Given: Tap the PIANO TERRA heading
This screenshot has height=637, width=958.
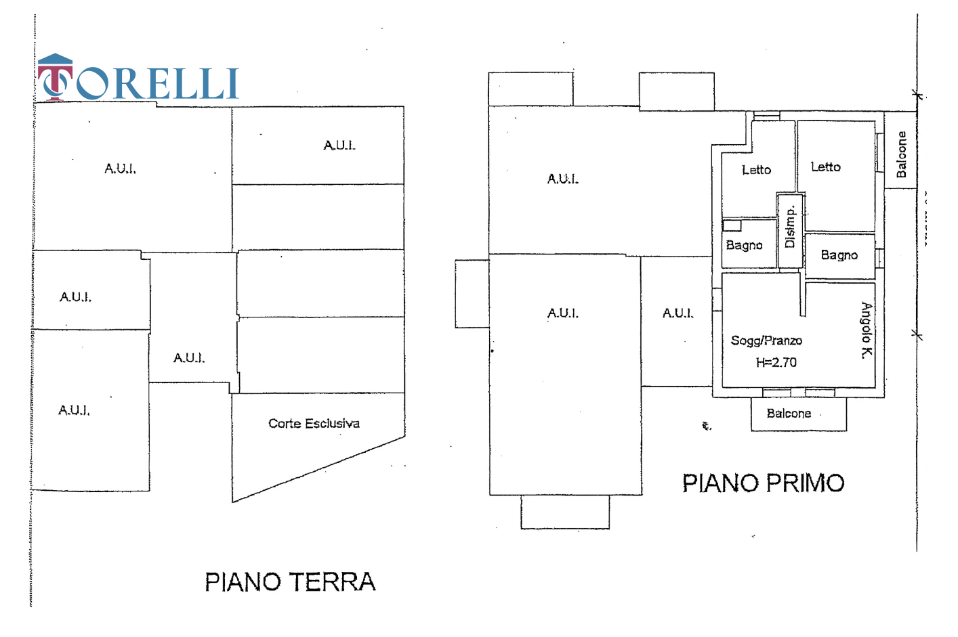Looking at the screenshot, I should pos(290,582).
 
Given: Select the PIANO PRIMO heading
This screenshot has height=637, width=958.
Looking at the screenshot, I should pos(763,483).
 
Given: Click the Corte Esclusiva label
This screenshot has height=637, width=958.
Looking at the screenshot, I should pos(314,424).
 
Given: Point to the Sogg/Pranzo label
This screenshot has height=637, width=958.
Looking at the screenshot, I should pos(766,341).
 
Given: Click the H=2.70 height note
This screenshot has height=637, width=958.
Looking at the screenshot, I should pos(776,362).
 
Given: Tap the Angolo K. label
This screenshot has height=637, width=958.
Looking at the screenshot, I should pos(867,330).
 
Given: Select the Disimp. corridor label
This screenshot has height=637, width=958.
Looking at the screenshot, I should pos(789,227).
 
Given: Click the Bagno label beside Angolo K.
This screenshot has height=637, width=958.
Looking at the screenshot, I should pos(839,255).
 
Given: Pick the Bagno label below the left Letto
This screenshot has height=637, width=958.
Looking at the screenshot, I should pos(744,245).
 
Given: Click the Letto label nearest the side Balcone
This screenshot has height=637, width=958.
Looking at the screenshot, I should pos(825,167).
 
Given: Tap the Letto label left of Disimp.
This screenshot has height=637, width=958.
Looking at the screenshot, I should pos(756,170).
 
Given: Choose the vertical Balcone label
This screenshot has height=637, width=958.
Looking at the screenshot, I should pos(901,154).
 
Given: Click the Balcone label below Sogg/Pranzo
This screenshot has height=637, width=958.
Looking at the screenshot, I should pos(789,413).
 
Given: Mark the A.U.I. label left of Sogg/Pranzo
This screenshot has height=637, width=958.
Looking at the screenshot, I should pos(678,313).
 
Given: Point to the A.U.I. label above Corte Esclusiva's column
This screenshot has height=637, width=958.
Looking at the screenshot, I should pos(339,145).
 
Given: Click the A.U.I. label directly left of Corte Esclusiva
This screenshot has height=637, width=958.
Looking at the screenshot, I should pos(188,357).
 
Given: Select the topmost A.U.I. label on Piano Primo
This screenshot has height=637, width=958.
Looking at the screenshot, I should pos(562,179).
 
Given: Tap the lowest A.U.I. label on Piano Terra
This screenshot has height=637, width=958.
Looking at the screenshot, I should pos(74,410).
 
